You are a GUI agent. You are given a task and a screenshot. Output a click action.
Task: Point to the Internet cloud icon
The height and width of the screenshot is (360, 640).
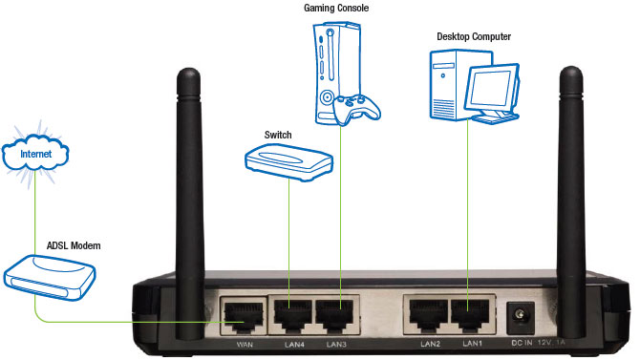[36, 153]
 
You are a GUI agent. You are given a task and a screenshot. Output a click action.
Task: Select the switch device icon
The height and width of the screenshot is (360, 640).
[288, 159]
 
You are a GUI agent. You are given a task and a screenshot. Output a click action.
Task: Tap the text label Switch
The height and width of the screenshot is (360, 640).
[278, 135]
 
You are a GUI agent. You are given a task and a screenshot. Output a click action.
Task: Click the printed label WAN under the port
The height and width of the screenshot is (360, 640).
[242, 344]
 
